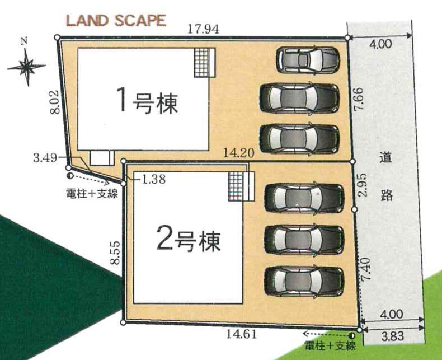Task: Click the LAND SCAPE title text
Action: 116,21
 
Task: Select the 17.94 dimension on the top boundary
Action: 203,29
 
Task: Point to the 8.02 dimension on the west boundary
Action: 55,101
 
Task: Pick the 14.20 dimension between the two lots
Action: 239,153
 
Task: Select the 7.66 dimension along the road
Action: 359,99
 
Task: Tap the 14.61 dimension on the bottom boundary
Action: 242,334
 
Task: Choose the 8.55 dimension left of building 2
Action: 115,253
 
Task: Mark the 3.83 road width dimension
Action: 393,336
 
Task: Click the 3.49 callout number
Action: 45,158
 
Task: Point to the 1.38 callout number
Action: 154,179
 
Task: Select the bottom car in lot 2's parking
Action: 304,281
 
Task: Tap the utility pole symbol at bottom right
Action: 351,336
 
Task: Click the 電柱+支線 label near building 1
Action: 92,194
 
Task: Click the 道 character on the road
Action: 385,158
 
